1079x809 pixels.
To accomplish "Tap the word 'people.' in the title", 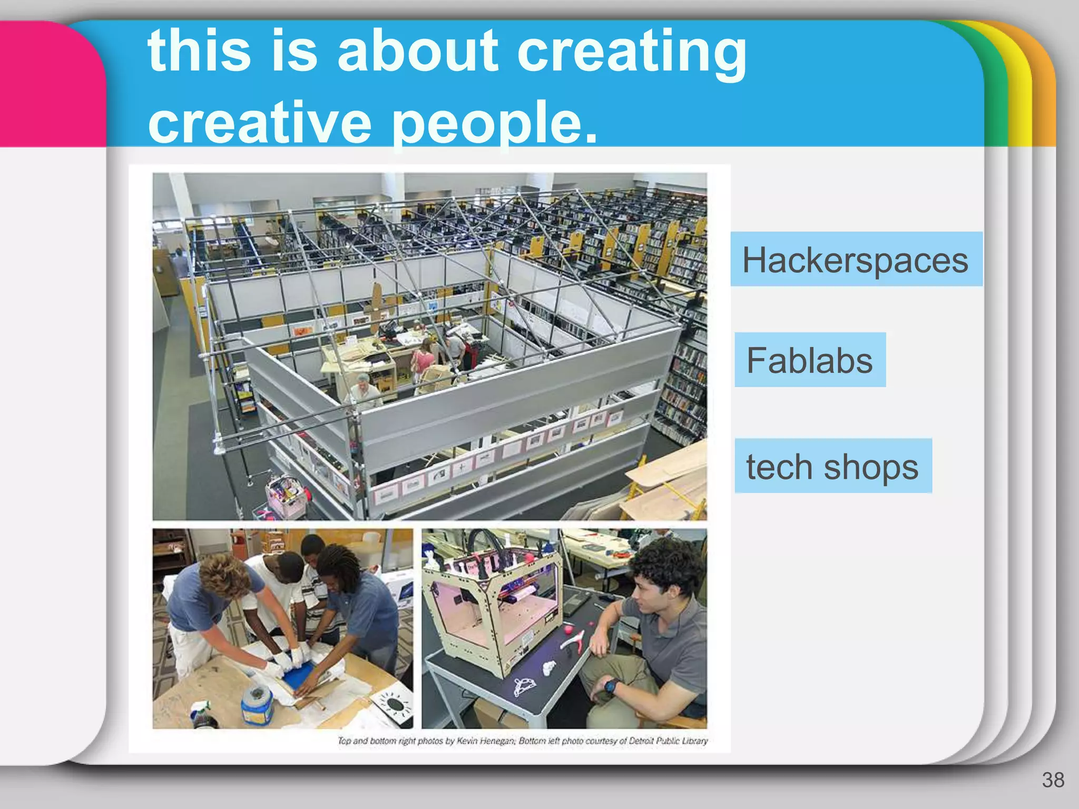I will (x=495, y=122).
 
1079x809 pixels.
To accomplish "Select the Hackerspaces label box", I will (x=856, y=260).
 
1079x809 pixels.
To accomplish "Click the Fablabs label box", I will (x=810, y=360).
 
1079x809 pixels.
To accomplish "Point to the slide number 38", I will (x=1053, y=780).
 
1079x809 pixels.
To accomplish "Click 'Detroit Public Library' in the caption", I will (x=668, y=741).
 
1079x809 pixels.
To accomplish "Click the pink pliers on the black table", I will (x=575, y=640).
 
